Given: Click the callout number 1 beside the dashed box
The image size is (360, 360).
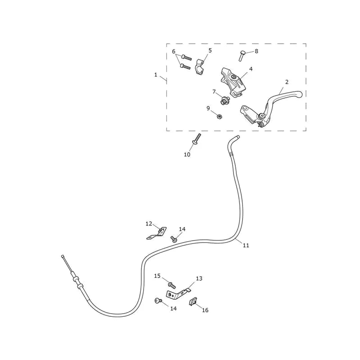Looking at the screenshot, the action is pyautogui.click(x=156, y=75).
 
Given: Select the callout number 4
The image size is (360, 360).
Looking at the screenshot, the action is pyautogui.click(x=251, y=69).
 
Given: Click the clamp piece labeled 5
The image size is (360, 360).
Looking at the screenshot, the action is pyautogui.click(x=200, y=67).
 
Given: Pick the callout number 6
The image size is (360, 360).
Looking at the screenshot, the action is pyautogui.click(x=174, y=51).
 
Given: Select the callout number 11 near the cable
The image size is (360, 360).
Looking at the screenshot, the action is pyautogui.click(x=246, y=245).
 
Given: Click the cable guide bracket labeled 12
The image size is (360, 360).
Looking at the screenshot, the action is pyautogui.click(x=157, y=233).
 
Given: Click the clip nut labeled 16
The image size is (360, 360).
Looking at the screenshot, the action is pyautogui.click(x=193, y=301).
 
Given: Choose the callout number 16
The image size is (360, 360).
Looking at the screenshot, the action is pyautogui.click(x=205, y=310).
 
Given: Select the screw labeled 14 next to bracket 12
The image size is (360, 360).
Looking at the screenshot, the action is pyautogui.click(x=174, y=239).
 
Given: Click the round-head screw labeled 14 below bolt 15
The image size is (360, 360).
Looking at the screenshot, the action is pyautogui.click(x=158, y=300).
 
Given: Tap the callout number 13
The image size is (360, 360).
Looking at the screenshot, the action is pyautogui.click(x=199, y=278).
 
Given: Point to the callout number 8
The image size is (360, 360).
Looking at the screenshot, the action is pyautogui.click(x=256, y=51).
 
